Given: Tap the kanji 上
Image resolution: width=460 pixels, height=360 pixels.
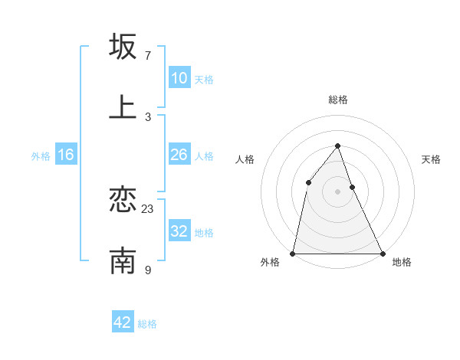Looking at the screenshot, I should [123, 107].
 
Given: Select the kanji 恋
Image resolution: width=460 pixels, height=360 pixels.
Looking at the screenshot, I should [123, 201].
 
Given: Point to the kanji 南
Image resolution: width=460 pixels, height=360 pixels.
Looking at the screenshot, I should [123, 261].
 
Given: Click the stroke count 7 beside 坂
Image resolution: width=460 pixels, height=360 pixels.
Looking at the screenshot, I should [148, 55].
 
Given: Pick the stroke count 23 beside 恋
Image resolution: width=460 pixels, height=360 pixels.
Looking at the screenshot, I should [148, 209].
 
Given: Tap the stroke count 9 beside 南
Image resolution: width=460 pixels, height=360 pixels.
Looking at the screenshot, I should [148, 270].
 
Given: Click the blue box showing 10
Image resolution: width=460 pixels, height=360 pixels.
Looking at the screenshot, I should [179, 78].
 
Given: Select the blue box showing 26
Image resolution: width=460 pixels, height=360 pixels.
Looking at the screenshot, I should [179, 155].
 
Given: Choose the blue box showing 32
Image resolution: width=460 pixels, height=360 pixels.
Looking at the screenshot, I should [179, 231].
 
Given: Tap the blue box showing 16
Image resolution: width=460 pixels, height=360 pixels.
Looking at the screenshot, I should [66, 155].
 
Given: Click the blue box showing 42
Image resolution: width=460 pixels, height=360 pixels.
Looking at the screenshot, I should [123, 322].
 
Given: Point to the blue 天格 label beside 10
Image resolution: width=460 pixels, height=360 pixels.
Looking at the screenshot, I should [204, 79].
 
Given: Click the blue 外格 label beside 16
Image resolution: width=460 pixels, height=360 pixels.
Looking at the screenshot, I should [41, 155].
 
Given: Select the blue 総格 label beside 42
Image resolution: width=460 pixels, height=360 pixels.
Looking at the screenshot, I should [147, 323].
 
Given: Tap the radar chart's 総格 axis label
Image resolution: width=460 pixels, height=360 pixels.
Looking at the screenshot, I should [337, 100].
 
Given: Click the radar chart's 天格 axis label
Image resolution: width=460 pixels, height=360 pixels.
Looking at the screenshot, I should [432, 159].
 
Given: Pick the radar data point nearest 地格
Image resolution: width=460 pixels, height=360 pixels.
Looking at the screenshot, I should [382, 253].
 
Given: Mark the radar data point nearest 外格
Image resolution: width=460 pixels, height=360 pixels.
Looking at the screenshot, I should [293, 253].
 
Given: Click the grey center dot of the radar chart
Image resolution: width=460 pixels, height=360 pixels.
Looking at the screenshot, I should [337, 191].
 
